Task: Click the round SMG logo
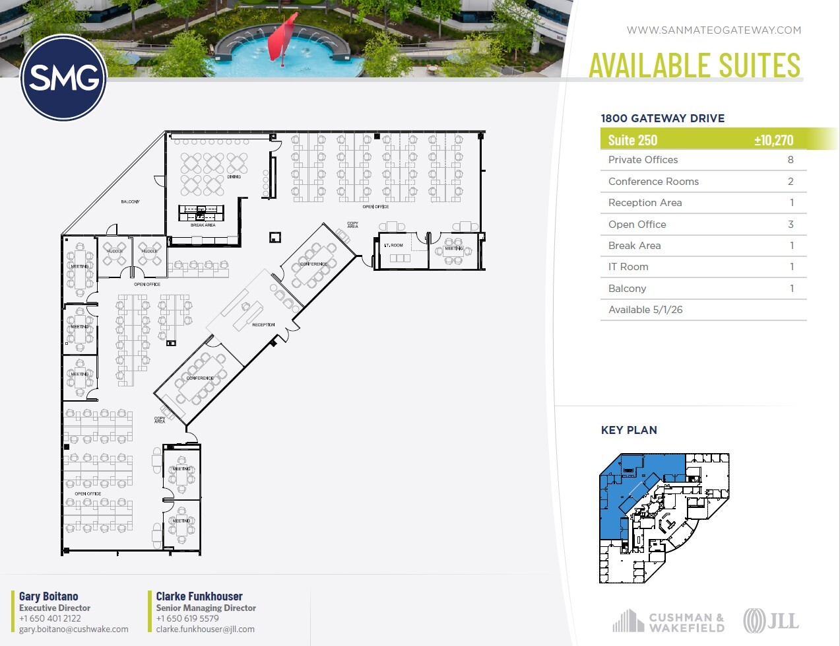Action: tap(64, 78)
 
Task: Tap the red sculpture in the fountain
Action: tap(283, 41)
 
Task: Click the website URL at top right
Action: tap(713, 30)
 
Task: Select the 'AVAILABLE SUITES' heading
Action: tap(694, 65)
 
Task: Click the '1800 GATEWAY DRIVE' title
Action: tap(662, 119)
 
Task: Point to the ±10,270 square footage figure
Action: tap(773, 140)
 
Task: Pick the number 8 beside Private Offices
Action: tap(791, 160)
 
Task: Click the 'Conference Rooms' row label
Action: tap(653, 182)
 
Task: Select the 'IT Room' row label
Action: tap(628, 267)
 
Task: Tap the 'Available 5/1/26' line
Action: tap(645, 310)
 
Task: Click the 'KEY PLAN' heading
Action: tap(629, 430)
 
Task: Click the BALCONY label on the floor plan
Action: tap(130, 201)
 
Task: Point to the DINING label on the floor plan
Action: tap(234, 177)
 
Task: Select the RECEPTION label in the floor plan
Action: tap(263, 325)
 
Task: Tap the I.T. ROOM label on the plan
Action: tap(393, 245)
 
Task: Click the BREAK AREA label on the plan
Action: tap(203, 225)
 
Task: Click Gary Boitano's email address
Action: tap(74, 629)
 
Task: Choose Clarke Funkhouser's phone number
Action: tap(187, 619)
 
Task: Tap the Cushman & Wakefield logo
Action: tap(668, 622)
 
